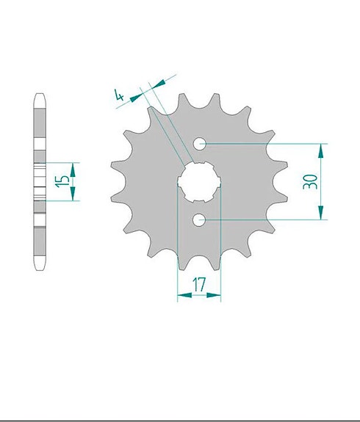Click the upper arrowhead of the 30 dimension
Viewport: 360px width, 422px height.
coord(321,149)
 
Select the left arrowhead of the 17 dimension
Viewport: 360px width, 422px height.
coord(181,295)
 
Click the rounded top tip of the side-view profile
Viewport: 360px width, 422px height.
coord(40,95)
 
